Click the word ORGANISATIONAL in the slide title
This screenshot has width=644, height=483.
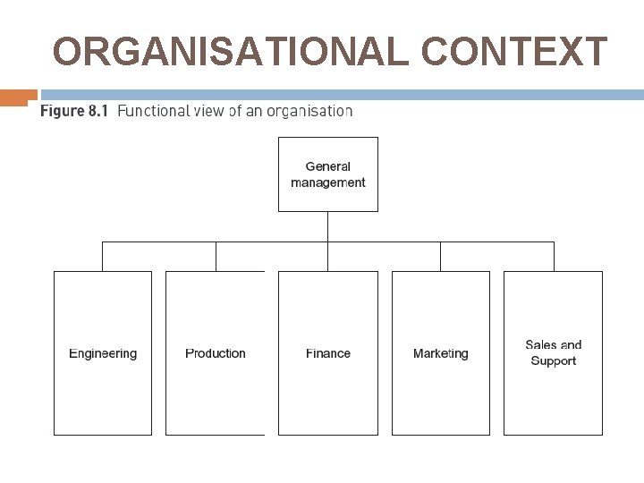(x=232, y=52)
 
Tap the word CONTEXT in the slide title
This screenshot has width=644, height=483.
(x=513, y=52)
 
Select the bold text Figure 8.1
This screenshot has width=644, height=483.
(x=73, y=112)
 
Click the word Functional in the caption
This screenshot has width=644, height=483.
(x=154, y=112)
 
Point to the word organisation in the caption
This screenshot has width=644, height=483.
(x=303, y=112)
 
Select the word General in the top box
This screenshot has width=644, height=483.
(x=327, y=166)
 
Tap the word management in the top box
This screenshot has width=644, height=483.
(x=327, y=182)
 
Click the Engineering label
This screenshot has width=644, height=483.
(x=103, y=353)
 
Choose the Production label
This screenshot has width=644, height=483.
(x=215, y=353)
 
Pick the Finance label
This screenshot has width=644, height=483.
(x=327, y=353)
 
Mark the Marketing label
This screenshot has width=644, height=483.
(x=440, y=353)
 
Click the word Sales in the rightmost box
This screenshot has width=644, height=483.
(x=540, y=345)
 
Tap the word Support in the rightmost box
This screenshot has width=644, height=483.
(x=553, y=361)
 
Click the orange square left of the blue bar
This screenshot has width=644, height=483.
(x=19, y=97)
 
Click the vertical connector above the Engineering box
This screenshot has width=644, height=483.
(x=103, y=256)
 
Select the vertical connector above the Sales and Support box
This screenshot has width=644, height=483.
(x=553, y=256)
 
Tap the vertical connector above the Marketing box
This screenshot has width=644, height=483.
(x=440, y=256)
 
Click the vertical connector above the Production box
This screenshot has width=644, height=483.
(x=216, y=256)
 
